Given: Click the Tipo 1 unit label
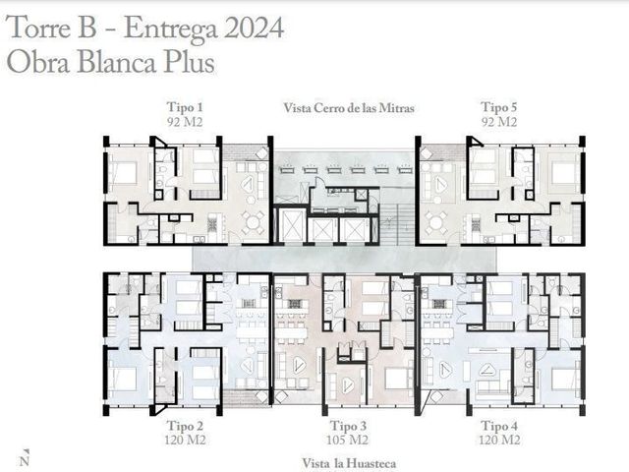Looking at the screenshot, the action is pos(185,107).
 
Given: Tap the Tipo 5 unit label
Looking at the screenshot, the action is pos(499,107).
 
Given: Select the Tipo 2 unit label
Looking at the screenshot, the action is pos(185,426).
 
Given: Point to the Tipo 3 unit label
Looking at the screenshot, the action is pos(348,426).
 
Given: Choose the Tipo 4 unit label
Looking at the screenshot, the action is pos(499,426).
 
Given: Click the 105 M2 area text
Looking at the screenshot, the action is pos(347,440).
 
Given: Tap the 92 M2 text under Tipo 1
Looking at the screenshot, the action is pos(185,122).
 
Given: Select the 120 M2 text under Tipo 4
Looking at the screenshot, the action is pos(499,440).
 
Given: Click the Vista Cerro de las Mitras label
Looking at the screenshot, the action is pos(349,108).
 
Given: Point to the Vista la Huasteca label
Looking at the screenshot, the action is pos(349,463).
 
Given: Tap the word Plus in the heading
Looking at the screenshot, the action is pos(189,63).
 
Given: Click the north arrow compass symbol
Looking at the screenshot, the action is pos(25,457).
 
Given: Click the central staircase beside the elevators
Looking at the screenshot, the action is pos(396,224).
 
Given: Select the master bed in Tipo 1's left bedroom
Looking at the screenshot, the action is pos(123,173).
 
